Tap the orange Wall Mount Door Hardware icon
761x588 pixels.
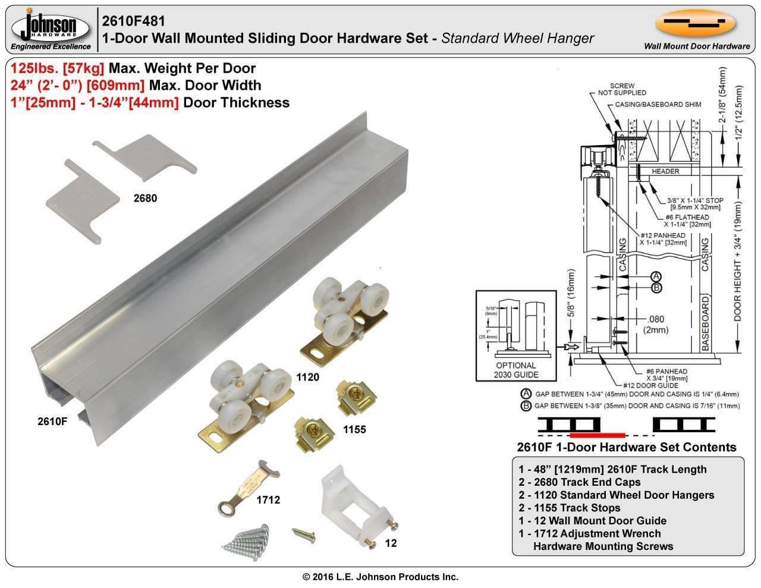pos(696,24)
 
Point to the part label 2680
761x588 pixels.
pos(145,198)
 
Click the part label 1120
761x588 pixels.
pos(307,377)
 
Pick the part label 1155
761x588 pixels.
pos(354,429)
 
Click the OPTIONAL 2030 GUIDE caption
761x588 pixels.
pos(515,370)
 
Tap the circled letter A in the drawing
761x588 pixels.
pos(656,276)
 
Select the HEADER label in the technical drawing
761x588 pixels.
pos(665,171)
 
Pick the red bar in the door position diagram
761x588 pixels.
pos(596,435)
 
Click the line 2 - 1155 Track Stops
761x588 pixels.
pos(569,508)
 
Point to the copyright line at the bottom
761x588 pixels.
pos(380,577)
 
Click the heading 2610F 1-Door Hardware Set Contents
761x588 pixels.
pos(627,447)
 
